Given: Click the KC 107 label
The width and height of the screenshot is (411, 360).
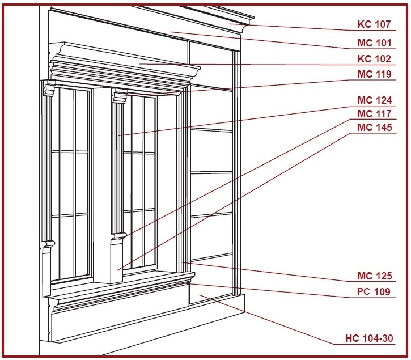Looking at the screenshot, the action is click(374, 24).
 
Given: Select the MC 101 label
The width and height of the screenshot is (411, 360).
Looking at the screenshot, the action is click(374, 43).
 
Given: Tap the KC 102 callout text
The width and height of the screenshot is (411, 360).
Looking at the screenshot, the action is click(374, 59).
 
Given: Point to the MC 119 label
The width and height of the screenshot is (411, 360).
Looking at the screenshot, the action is click(375, 74).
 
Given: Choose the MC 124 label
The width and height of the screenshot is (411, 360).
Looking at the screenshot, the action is click(375, 100).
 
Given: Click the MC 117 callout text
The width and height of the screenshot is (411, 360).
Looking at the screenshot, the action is click(375, 114).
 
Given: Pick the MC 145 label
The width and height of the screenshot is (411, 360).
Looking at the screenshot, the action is click(375, 128).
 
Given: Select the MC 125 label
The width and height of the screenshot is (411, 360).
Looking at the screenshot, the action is click(375, 276).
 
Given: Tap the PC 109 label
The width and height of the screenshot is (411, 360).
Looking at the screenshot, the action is click(374, 291).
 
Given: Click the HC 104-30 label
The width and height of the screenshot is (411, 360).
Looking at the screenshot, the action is click(369, 338).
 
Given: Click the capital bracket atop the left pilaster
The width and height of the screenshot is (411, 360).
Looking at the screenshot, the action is click(49, 90).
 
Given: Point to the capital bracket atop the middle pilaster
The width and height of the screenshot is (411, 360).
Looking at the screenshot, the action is click(120, 96).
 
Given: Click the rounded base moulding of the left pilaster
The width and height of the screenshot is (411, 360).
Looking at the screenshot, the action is click(49, 244).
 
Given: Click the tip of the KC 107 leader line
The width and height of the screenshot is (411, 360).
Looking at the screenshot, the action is click(229, 24).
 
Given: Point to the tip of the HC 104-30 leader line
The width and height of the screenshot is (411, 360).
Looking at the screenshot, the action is click(200, 294).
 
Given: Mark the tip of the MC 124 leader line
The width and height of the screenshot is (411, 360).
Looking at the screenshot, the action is click(118, 135).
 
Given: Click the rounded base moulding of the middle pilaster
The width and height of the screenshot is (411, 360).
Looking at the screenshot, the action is click(119, 235).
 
